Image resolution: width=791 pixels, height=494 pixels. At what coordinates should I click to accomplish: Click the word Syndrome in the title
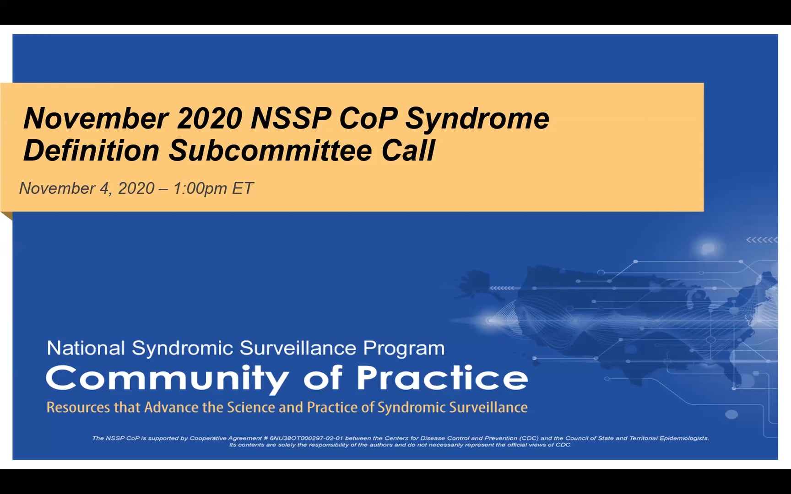click(x=477, y=118)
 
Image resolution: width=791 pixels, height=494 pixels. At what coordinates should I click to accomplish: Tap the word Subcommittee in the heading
click(x=270, y=150)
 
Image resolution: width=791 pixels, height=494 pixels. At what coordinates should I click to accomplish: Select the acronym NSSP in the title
click(x=290, y=118)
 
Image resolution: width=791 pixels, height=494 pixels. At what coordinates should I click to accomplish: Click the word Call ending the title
click(x=408, y=150)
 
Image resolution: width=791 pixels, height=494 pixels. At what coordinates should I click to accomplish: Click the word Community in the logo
click(x=167, y=378)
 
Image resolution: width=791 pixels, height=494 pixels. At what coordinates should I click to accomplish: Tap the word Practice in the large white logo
click(x=442, y=378)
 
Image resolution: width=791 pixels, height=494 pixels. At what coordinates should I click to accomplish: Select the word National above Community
click(x=86, y=348)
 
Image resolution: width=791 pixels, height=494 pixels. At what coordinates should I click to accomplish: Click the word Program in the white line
click(x=404, y=348)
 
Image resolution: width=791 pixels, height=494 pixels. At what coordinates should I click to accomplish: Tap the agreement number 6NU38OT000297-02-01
click(x=306, y=438)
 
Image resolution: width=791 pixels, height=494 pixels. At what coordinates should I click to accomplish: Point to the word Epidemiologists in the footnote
click(x=684, y=438)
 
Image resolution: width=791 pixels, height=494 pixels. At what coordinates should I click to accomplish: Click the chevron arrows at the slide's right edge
click(x=761, y=240)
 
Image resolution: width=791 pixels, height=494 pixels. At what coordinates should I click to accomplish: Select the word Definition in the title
click(x=91, y=150)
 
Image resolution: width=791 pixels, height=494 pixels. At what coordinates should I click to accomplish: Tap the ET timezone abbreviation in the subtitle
click(x=243, y=188)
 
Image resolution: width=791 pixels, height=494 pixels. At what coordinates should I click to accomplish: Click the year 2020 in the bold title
click(x=209, y=118)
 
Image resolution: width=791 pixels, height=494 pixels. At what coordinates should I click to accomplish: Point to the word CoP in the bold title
click(x=368, y=118)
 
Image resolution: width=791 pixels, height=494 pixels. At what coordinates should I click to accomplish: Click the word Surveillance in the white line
click(x=298, y=348)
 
